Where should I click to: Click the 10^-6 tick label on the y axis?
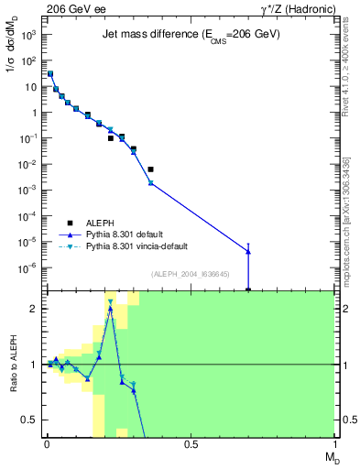(x=27, y=267)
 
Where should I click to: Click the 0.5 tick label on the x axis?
(x=191, y=444)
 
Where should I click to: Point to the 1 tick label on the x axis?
(x=333, y=444)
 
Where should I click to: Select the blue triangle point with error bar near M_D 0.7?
(x=248, y=252)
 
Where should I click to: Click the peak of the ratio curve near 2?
(x=111, y=308)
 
